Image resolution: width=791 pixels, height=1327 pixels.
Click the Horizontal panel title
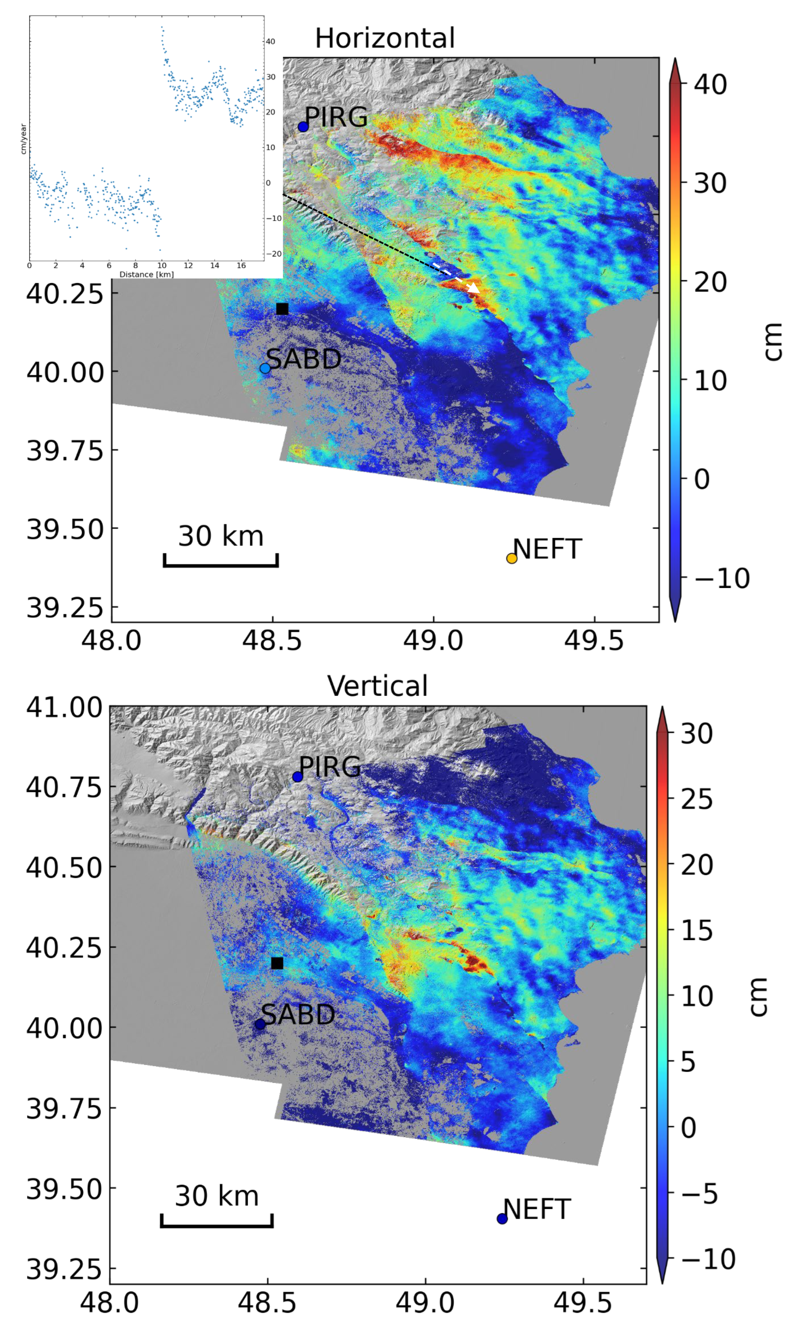[385, 38]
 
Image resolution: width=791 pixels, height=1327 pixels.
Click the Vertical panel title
[377, 686]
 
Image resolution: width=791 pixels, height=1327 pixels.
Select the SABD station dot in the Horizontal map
[265, 368]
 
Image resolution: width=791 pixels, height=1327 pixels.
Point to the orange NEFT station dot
[512, 558]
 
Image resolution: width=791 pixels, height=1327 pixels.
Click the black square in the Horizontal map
[282, 309]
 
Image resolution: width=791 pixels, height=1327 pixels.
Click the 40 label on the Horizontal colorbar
[710, 84]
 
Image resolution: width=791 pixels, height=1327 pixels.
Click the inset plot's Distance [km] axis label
[147, 274]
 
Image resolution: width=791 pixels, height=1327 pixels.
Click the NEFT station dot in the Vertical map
[502, 1219]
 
